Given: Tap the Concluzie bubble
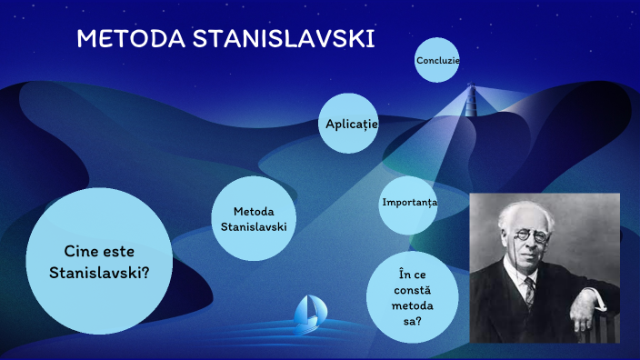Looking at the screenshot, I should pyautogui.click(x=437, y=60).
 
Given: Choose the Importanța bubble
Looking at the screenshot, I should pyautogui.click(x=410, y=201).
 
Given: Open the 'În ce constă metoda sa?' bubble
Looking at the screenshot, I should pyautogui.click(x=414, y=297).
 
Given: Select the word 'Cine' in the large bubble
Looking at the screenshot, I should pyautogui.click(x=80, y=252).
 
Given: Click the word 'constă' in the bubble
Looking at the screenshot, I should pyautogui.click(x=414, y=289).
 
